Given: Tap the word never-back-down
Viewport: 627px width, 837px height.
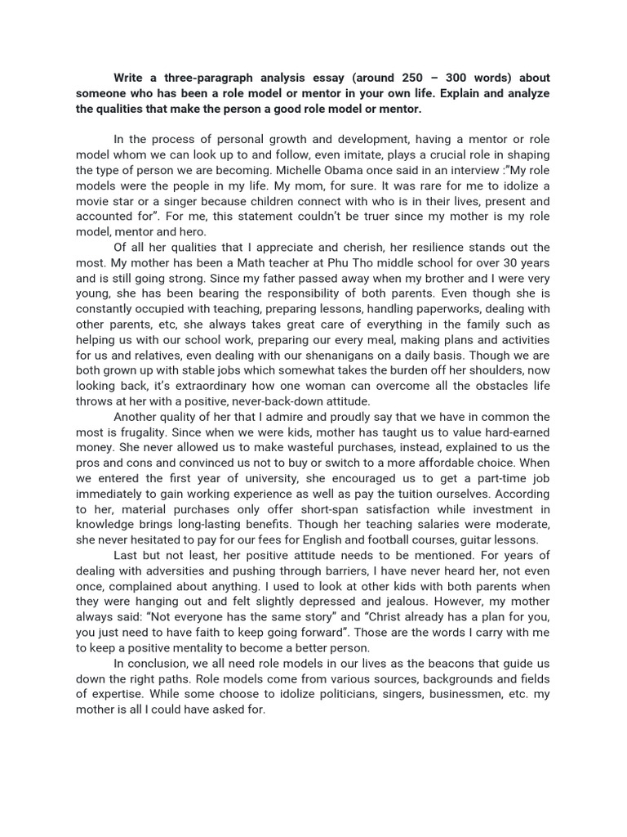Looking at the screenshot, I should (x=273, y=401).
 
